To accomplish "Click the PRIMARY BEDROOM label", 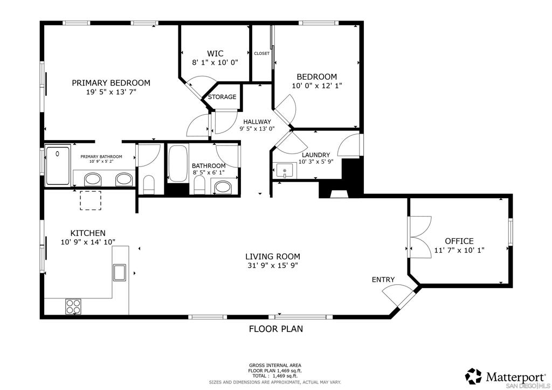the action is [111, 83].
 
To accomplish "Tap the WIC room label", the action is [215, 53].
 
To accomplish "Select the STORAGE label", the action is [222, 97].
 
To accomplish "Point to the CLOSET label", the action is [261, 53].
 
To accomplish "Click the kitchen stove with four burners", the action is [73, 307].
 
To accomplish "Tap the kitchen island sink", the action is [119, 272].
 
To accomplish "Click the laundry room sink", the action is [285, 171].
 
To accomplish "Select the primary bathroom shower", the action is [58, 165].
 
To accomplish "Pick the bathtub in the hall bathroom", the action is [178, 164].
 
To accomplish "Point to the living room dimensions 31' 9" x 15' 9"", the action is [273, 266].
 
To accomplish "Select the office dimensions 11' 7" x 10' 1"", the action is [459, 250].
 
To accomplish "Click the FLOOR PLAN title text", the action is [276, 329].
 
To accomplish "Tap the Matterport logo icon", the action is [473, 377].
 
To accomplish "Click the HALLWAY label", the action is [257, 122].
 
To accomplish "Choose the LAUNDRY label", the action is [316, 155].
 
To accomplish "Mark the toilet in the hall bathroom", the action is [199, 185].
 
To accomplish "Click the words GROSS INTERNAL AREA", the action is [275, 365].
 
